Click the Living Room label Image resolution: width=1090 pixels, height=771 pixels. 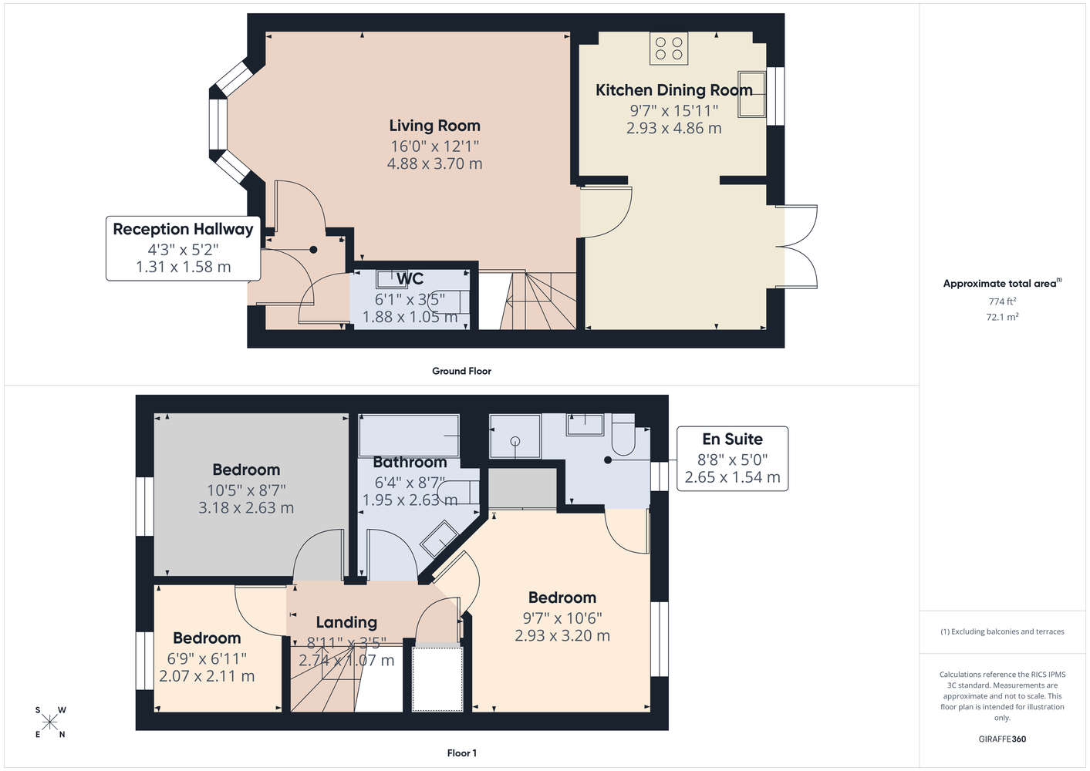click(x=434, y=126)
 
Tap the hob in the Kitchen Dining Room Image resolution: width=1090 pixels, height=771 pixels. click(x=669, y=48)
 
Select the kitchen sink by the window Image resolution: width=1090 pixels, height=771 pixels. click(x=752, y=94)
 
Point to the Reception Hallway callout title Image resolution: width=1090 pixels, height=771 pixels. click(x=183, y=229)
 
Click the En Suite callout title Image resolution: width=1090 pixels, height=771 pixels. click(x=732, y=439)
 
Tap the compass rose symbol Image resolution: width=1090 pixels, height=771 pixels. click(x=50, y=722)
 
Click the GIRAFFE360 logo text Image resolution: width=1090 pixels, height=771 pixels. click(x=1002, y=739)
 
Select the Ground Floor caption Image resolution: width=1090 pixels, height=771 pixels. click(x=461, y=371)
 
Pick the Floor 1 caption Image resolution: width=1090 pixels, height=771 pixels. click(x=461, y=753)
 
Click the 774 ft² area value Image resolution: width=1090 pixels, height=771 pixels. click(x=1002, y=301)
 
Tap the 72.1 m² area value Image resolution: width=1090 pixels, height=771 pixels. click(x=1002, y=317)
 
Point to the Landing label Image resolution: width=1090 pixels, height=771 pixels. click(x=346, y=622)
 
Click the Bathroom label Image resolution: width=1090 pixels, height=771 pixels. click(x=410, y=462)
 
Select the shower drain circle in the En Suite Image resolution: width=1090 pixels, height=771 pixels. click(x=515, y=441)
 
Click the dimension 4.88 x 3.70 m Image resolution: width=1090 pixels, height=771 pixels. click(x=434, y=163)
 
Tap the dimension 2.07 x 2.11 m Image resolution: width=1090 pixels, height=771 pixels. click(x=207, y=676)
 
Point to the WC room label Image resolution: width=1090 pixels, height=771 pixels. click(x=410, y=279)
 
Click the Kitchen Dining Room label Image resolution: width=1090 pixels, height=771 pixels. click(x=674, y=90)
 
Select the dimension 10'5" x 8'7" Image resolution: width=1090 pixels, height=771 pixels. click(x=246, y=490)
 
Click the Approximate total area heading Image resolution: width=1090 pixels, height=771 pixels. click(x=1002, y=283)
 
